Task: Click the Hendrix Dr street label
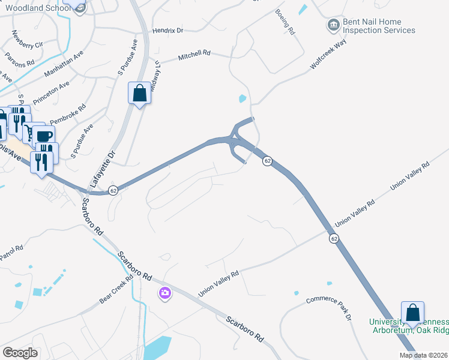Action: click(x=167, y=29)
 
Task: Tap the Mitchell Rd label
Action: click(x=194, y=56)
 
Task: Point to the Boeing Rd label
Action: click(x=285, y=21)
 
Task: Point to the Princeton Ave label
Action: click(x=51, y=92)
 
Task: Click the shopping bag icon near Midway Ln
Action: click(x=139, y=94)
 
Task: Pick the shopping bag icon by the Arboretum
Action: click(x=412, y=313)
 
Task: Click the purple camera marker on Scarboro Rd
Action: click(x=164, y=293)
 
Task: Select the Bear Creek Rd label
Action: click(x=116, y=290)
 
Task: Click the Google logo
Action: click(x=20, y=353)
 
